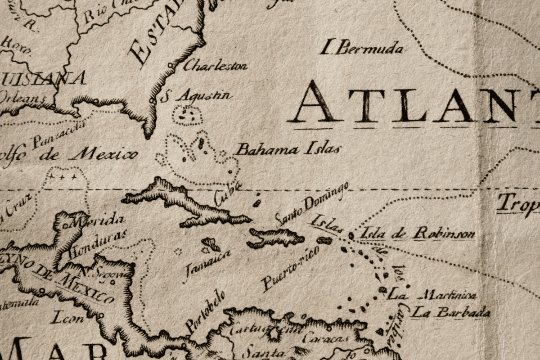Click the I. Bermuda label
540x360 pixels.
pyautogui.click(x=361, y=48)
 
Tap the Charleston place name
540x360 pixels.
pyautogui.click(x=215, y=66)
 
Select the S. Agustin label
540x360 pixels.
pyautogui.click(x=197, y=95)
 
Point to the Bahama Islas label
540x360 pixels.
pyautogui.click(x=288, y=149)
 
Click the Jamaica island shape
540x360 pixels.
pyautogui.click(x=211, y=244)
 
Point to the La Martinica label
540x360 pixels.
pyautogui.click(x=432, y=295)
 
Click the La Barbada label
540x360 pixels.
pyautogui.click(x=450, y=312)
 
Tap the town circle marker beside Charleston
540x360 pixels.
pyautogui.click(x=170, y=66)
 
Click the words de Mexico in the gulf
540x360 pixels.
pyautogui.click(x=88, y=156)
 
